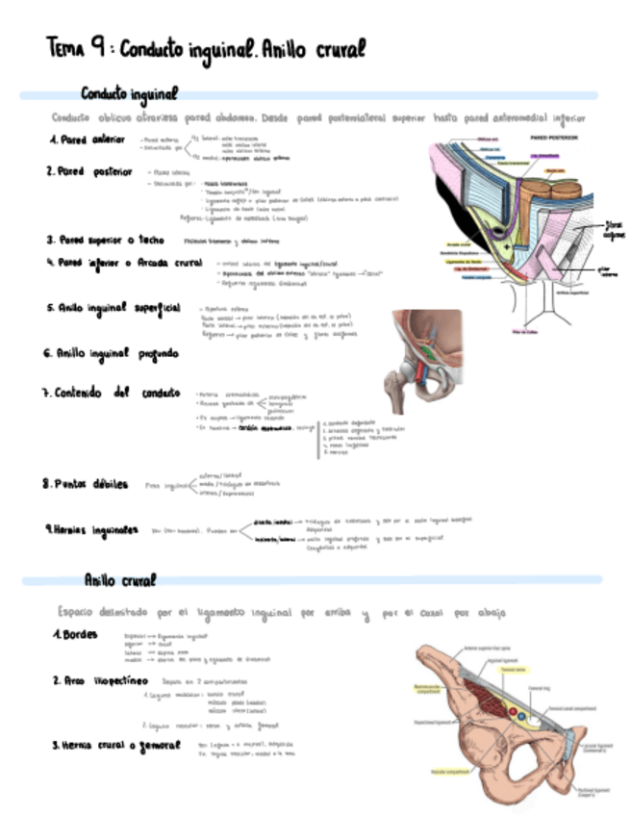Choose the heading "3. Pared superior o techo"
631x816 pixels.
pos(106,240)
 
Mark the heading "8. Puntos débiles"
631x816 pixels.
pos(90,484)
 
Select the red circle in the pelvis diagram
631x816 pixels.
pos(510,715)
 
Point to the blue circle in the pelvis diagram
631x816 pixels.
pos(520,718)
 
